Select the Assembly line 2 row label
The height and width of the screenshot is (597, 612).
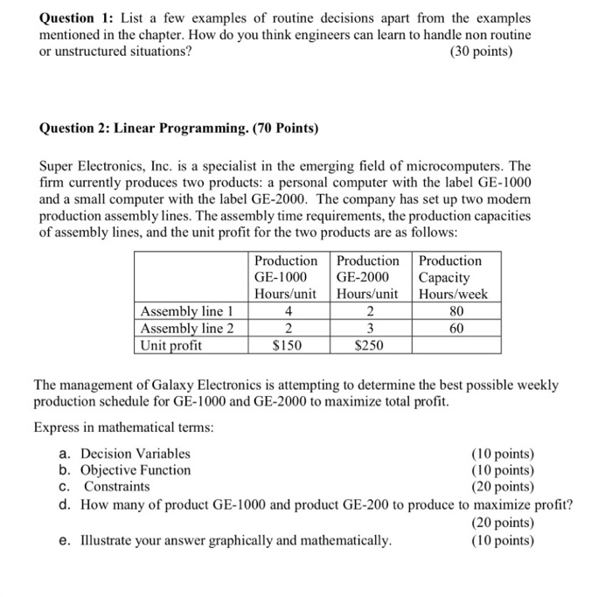[187, 328]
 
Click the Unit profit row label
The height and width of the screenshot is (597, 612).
[171, 345]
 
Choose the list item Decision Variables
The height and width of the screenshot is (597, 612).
[136, 453]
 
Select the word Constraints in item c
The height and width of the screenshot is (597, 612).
[117, 486]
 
